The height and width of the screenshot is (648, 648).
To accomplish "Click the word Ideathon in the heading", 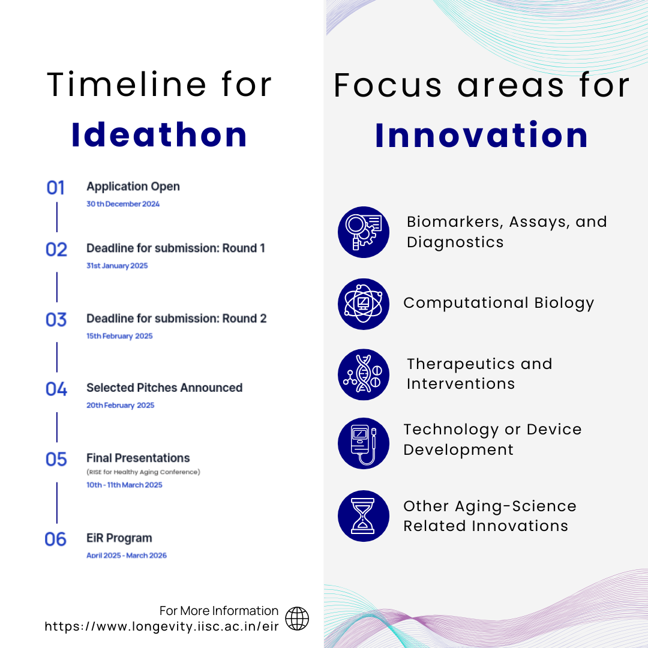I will coord(159,135).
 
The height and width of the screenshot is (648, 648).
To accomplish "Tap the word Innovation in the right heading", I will coord(482,135).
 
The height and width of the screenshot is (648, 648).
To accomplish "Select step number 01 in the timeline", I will coord(56,188).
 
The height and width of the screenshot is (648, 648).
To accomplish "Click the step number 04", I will coord(56,389).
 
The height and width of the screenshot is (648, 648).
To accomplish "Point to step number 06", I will coord(56,539).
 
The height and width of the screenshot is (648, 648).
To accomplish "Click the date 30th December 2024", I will coord(123,204).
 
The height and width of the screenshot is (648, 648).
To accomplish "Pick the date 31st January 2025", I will coord(117,266).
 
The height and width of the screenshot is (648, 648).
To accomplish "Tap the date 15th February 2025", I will coord(119,336).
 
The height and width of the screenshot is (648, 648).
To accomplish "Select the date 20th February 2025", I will coord(120,406).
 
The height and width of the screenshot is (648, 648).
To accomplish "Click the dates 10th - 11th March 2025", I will coord(124,485).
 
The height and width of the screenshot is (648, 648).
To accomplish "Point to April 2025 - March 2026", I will coord(127,556).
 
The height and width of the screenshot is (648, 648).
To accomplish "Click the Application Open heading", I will coord(133,187).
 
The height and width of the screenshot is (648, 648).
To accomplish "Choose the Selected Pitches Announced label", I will coord(164,388).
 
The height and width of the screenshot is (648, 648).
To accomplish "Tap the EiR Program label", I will coord(119,538).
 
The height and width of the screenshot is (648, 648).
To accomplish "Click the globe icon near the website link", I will coord(297,619).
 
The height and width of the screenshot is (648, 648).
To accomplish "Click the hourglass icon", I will coord(364,516).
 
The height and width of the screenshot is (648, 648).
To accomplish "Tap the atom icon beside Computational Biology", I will coord(364,304).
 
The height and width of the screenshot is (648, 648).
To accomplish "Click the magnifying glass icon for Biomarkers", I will coord(364,232).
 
